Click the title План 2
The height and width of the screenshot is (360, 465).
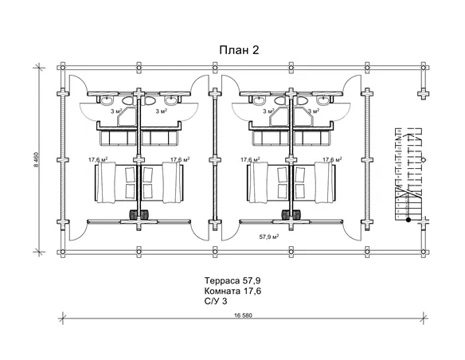239,50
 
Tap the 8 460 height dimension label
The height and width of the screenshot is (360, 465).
37,159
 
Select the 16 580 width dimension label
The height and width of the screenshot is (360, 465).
243,315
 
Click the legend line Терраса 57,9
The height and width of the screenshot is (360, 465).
232,280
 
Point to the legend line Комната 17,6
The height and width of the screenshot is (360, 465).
232,292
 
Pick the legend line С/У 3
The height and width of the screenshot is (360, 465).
216,301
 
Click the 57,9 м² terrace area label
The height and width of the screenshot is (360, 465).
269,237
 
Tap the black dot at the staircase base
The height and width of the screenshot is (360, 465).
408,220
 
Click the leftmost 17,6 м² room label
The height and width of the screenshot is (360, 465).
98,159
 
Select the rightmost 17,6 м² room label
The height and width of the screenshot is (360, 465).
332,159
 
